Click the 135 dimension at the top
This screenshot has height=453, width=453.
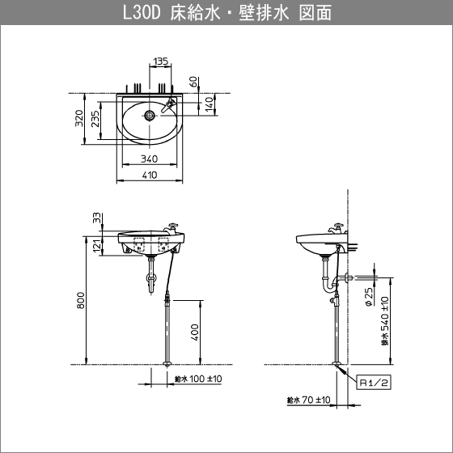point(160,61)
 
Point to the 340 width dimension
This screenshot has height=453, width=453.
point(149,159)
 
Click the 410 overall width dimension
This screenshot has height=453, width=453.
point(149,175)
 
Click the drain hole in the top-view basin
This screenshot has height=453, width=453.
point(149,115)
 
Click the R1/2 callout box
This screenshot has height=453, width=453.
point(374,383)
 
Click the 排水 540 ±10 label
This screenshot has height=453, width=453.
point(385,320)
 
